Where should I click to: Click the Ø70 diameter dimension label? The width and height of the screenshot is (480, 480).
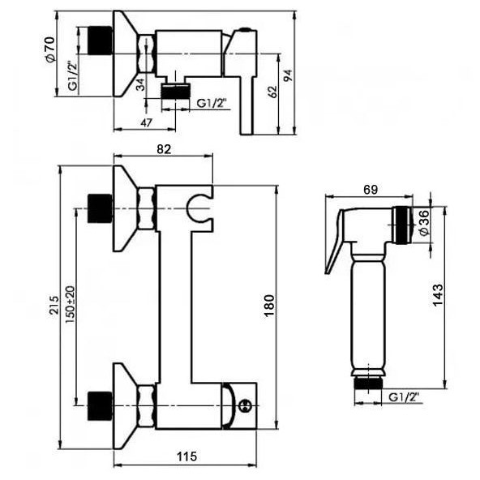coord(50,50)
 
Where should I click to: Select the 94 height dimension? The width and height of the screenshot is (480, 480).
coord(288,75)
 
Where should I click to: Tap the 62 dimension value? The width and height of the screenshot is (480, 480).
coord(272,92)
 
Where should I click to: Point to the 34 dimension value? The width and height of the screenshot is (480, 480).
coord(140,84)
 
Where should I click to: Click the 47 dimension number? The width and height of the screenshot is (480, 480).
coord(146,122)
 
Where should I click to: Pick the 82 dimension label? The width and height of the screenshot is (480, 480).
coord(164,149)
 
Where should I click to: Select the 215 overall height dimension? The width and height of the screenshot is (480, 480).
coord(54,305)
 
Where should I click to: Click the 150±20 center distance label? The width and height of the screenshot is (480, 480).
coord(70,305)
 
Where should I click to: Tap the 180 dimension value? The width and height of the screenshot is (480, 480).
coord(268,306)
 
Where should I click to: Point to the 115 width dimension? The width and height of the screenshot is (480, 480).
coord(186,456)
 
